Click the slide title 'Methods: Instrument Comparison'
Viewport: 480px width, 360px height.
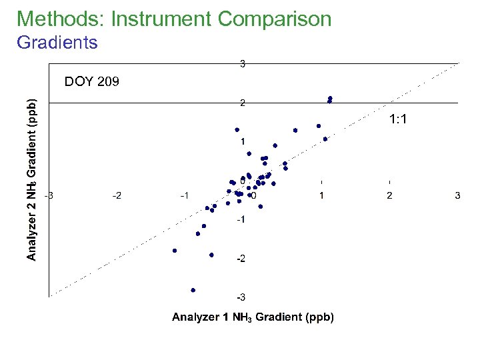(174, 19)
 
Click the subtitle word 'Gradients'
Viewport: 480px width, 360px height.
(57, 43)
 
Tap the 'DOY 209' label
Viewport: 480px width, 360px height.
(92, 82)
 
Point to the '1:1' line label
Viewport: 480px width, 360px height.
(398, 119)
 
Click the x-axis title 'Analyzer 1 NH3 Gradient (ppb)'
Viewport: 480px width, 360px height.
(253, 317)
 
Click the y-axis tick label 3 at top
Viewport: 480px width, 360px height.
(243, 65)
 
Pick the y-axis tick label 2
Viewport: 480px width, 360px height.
(243, 103)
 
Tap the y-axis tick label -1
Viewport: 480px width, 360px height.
(241, 219)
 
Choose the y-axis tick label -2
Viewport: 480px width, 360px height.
(241, 258)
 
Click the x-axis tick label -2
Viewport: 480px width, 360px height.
(117, 195)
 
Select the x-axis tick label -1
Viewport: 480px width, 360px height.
(185, 195)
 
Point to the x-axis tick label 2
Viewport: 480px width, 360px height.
(389, 195)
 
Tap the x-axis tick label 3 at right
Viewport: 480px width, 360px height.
(457, 195)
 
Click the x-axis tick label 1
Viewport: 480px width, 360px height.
(322, 195)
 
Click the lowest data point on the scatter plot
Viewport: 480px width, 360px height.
(193, 290)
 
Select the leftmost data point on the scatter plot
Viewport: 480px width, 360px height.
(175, 251)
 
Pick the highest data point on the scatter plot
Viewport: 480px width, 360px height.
(330, 98)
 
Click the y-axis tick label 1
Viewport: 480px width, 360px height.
(243, 141)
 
